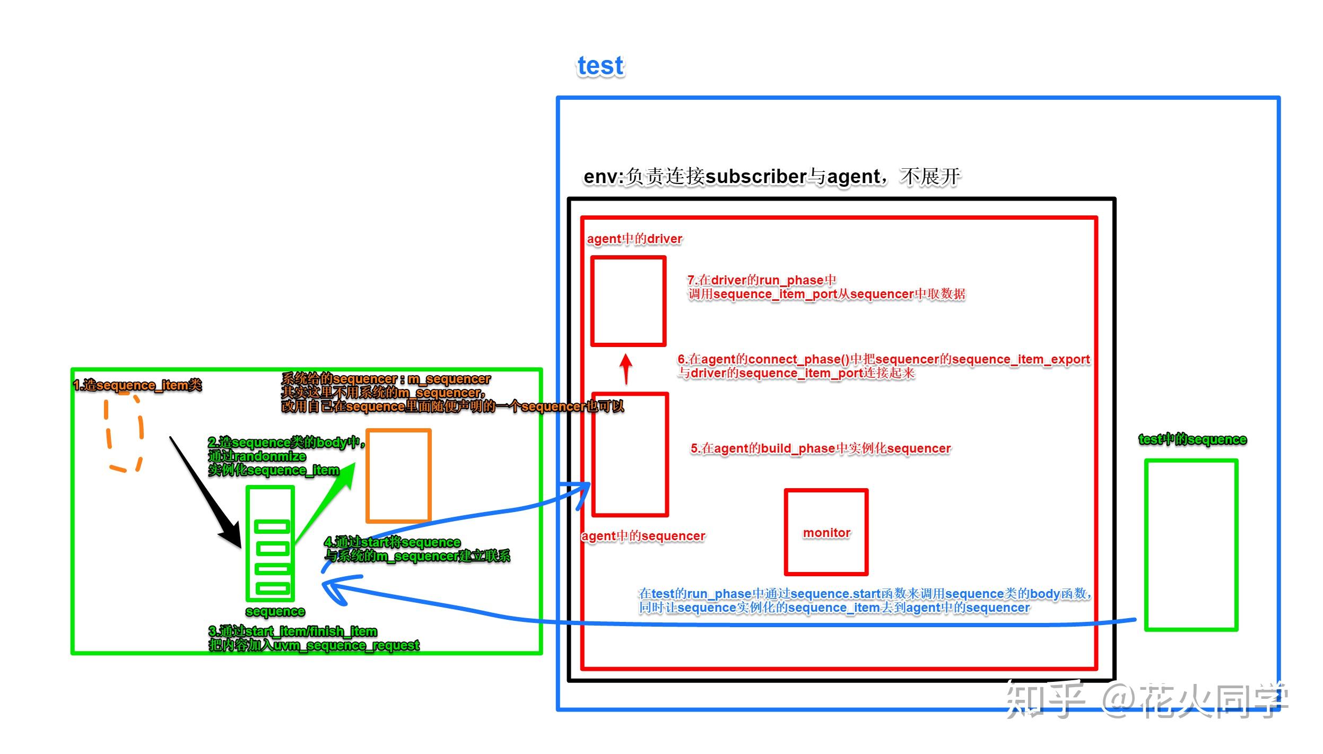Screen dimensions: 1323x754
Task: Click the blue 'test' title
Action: click(x=600, y=66)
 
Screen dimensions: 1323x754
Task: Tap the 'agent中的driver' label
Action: click(x=634, y=239)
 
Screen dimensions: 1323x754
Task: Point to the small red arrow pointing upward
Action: click(x=626, y=368)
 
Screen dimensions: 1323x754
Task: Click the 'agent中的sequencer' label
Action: click(x=643, y=536)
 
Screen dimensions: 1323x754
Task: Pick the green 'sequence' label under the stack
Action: click(x=275, y=611)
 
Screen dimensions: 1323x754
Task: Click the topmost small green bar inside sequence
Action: click(x=272, y=526)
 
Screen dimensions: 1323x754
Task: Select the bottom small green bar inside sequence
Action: click(x=273, y=588)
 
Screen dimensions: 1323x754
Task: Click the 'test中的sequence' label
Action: click(x=1193, y=439)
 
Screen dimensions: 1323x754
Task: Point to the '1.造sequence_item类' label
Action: click(x=137, y=385)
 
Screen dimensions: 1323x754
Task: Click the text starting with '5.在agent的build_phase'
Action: click(x=820, y=448)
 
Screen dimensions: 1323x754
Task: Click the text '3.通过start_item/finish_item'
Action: click(x=293, y=631)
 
